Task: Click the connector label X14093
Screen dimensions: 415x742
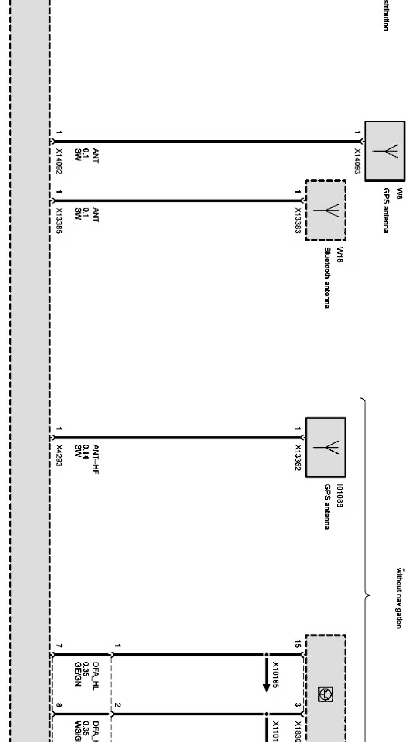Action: point(357,161)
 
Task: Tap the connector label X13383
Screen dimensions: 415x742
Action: point(298,221)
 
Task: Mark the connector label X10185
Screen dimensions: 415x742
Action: point(276,675)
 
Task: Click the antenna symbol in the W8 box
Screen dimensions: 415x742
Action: point(385,151)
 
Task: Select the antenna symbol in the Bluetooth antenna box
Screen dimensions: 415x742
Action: point(326,210)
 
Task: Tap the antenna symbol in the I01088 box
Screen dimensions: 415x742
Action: point(326,448)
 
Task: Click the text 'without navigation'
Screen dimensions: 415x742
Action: point(398,598)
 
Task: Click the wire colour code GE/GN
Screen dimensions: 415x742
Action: point(78,674)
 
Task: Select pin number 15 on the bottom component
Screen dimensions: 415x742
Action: point(297,644)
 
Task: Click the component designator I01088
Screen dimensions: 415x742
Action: point(340,496)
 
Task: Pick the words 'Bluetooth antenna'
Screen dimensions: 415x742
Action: point(327,278)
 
